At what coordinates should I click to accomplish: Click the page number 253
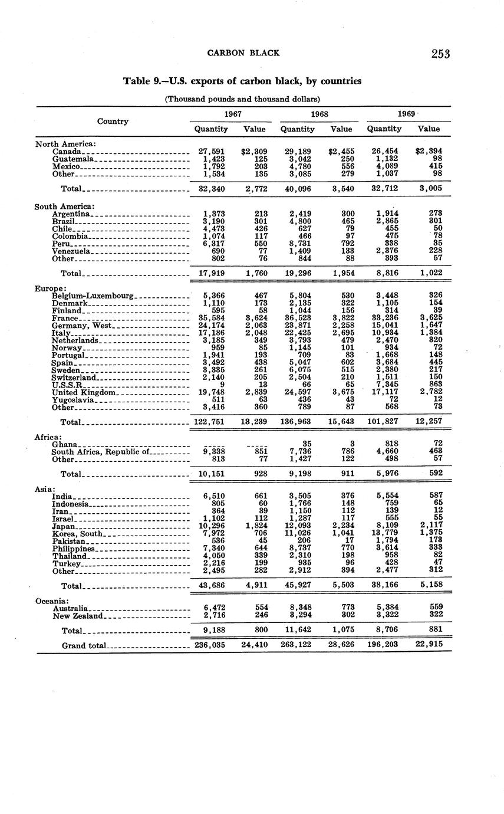[440, 54]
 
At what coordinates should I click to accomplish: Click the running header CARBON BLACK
[243, 53]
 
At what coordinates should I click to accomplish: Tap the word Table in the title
[137, 81]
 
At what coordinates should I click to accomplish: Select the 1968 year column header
[319, 114]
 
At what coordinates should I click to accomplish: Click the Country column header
[113, 121]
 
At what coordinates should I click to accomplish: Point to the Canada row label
[66, 152]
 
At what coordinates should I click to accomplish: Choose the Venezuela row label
[71, 251]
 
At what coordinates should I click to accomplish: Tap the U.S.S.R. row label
[68, 385]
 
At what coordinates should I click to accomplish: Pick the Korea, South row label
[77, 534]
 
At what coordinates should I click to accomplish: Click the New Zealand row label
[78, 616]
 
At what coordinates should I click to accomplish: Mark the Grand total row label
[84, 645]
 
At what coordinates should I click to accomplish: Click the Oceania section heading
[52, 601]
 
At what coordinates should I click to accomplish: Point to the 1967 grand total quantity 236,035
[210, 645]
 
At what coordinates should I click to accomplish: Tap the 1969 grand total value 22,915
[429, 645]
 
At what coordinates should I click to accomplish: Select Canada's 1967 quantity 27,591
[211, 152]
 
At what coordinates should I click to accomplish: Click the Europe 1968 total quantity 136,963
[298, 422]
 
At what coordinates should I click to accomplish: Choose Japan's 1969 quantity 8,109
[384, 526]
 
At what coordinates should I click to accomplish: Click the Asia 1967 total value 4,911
[255, 587]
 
